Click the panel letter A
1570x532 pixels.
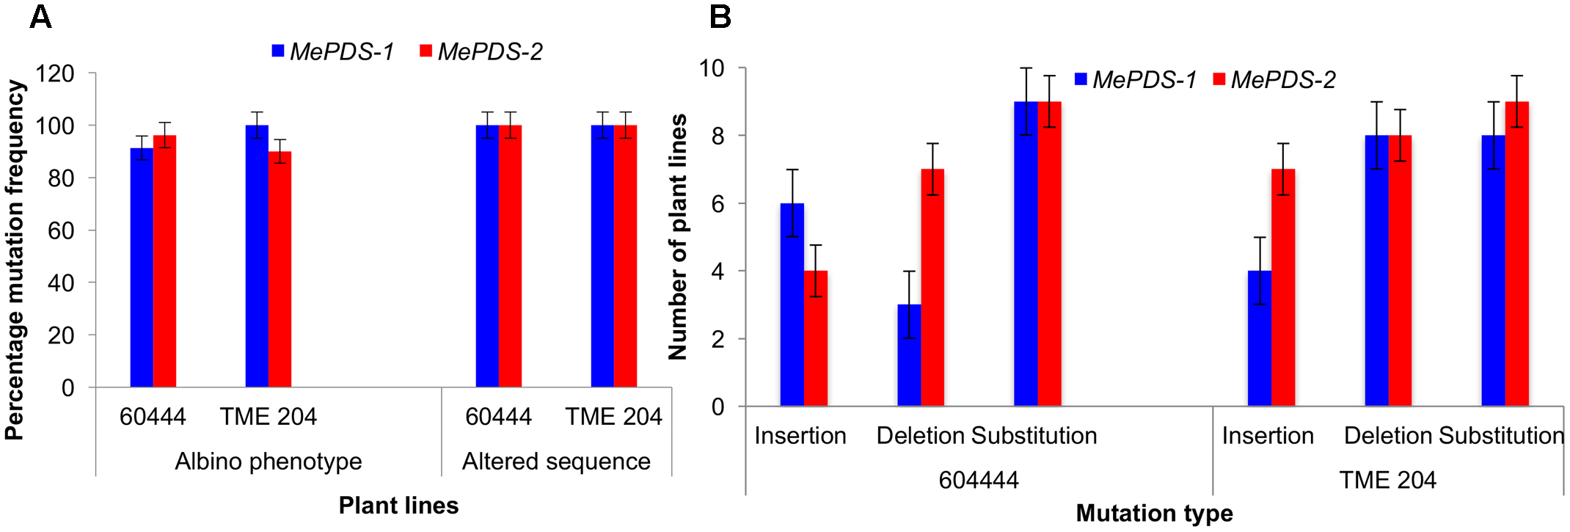coord(40,17)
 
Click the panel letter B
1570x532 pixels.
coord(720,17)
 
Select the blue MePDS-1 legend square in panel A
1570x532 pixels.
coord(278,51)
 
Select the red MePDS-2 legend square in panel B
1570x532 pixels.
coord(1219,79)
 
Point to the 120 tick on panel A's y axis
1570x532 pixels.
coord(55,73)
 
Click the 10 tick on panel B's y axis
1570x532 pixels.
coord(711,68)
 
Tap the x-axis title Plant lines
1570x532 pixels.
coord(398,506)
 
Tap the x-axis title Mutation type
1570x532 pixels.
coord(1154,513)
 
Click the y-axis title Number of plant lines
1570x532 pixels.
coord(678,237)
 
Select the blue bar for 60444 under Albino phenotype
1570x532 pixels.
coord(142,268)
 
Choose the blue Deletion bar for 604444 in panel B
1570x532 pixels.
coord(909,356)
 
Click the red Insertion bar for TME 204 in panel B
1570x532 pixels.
coord(1283,288)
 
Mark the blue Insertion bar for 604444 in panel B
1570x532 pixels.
coord(792,305)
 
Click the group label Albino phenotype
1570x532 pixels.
coord(269,462)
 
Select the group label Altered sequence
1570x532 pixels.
coord(556,462)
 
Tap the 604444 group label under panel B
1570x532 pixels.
coord(979,480)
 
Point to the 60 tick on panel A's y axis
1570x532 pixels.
coord(60,230)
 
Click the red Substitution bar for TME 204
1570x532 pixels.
coord(1516,254)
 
